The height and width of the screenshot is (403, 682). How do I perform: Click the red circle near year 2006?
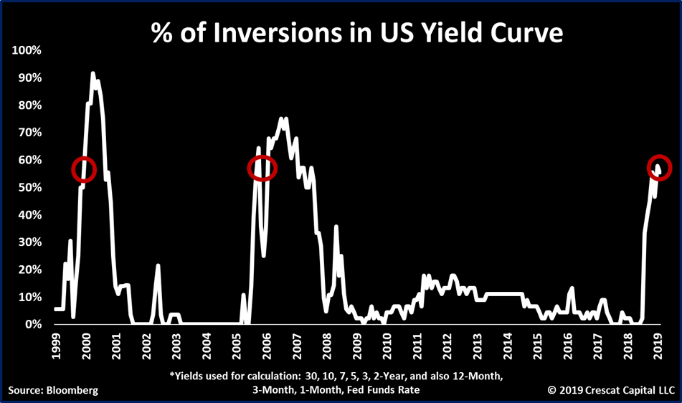262,167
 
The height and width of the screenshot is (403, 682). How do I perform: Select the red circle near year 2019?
659,167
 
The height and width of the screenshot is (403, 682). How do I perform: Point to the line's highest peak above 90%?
93,73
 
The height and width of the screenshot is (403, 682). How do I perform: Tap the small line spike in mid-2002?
158,266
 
